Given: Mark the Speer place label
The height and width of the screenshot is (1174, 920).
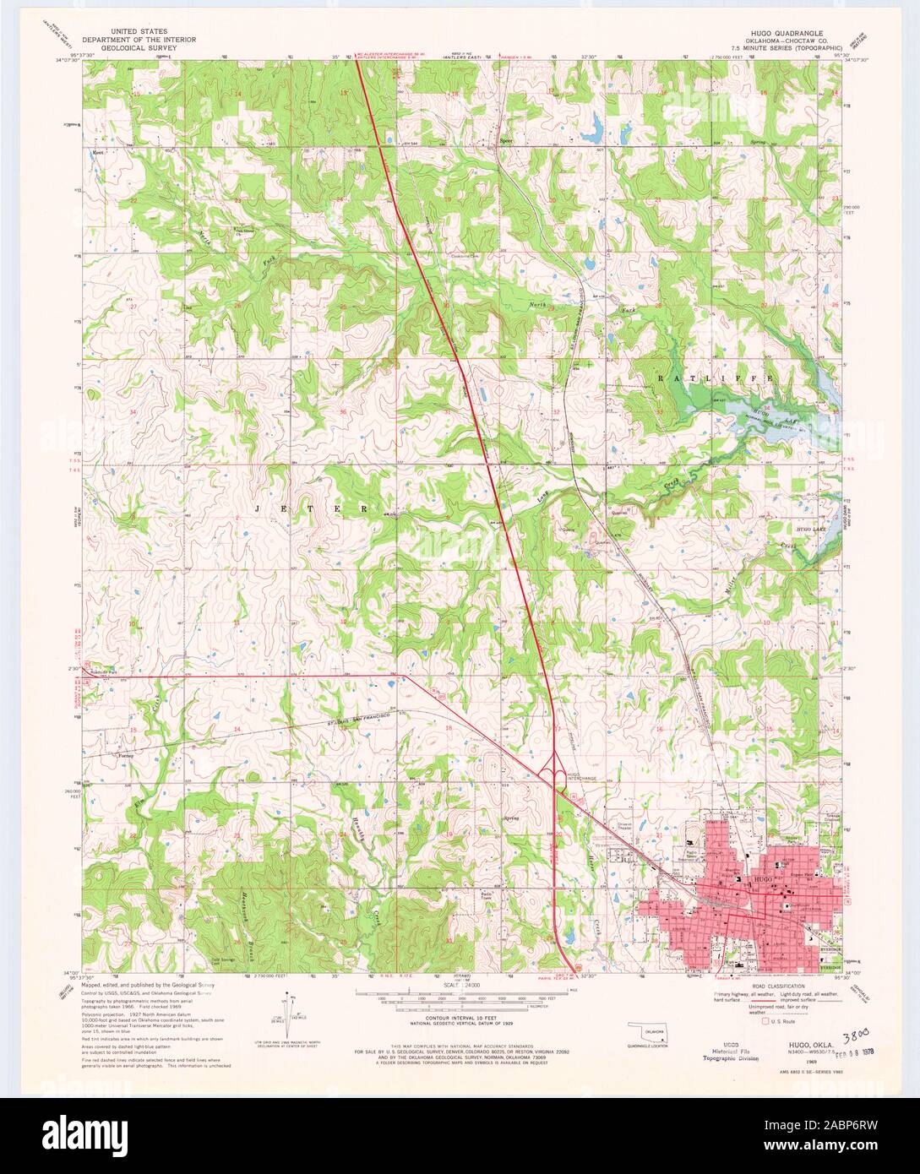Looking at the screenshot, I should pos(506,141).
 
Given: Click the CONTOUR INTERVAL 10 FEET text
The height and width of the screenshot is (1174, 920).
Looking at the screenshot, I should pos(460,1021).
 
